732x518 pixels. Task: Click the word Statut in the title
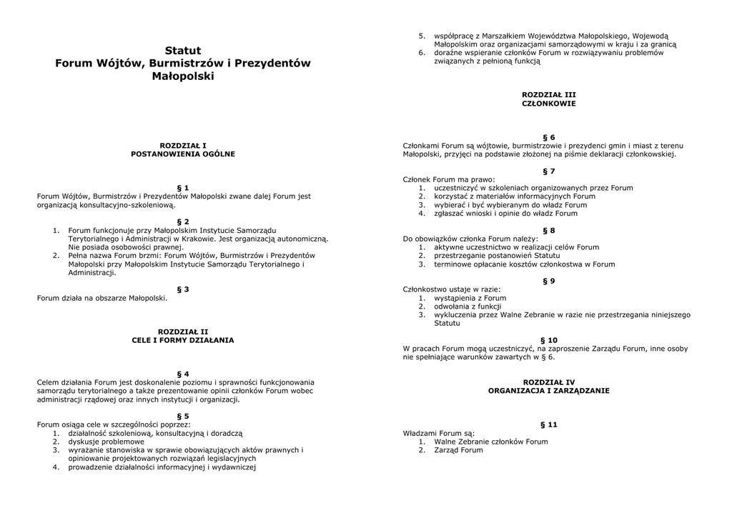coord(183,51)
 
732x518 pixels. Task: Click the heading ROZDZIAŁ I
coord(183,145)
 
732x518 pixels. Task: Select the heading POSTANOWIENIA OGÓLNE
coord(183,154)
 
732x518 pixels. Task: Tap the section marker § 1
coord(183,188)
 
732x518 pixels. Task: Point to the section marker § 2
coord(183,221)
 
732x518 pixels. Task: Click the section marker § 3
coord(183,289)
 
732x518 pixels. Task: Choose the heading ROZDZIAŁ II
coord(183,332)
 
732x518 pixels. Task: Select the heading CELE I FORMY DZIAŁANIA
coord(183,340)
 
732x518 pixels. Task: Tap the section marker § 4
coord(183,374)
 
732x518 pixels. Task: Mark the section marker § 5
coord(183,416)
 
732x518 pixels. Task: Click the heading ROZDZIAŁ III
coord(549,94)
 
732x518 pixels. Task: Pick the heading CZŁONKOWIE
coord(549,104)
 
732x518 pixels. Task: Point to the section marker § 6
coord(549,137)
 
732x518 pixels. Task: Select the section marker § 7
coord(549,171)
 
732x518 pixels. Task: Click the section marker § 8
coord(549,230)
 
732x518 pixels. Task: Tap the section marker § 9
coord(549,281)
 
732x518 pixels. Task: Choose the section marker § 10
coord(549,340)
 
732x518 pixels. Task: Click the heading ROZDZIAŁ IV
coord(549,382)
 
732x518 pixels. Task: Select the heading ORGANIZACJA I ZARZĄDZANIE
coord(549,391)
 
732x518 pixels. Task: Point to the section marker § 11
coord(549,424)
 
